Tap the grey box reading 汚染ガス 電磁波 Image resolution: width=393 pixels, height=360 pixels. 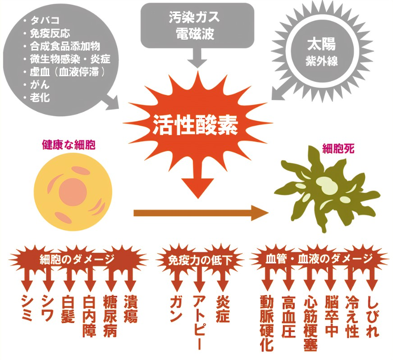pyautogui.click(x=197, y=25)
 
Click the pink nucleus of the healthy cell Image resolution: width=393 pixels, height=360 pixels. pyautogui.click(x=73, y=191)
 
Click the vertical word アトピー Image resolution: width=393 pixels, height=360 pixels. pyautogui.click(x=198, y=322)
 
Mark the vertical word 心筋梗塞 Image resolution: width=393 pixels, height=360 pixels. pyautogui.click(x=310, y=322)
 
